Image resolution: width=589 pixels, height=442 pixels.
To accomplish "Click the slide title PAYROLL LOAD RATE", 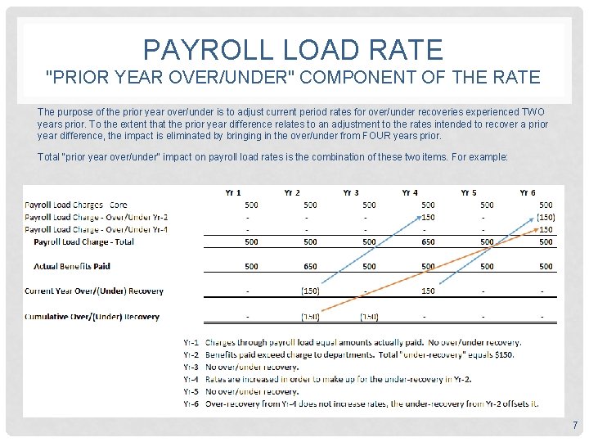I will [294, 49].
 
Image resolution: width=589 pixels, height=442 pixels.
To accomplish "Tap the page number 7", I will [575, 425].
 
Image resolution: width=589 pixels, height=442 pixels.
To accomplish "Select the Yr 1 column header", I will [233, 192].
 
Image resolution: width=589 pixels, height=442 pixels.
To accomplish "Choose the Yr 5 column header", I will [469, 192].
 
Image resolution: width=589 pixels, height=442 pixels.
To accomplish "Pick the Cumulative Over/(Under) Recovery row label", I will [92, 316].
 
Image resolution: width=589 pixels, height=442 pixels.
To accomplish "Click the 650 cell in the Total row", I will [428, 241].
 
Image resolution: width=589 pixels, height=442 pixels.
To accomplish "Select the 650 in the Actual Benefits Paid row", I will [310, 266].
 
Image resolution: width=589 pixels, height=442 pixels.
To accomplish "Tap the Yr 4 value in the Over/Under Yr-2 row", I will [428, 217].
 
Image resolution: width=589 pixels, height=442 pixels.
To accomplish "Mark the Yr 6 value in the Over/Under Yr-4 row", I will [546, 229].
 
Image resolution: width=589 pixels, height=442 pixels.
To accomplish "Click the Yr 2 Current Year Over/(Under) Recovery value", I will [310, 291].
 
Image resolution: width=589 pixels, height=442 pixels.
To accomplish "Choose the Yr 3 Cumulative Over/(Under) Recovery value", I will [369, 316].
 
